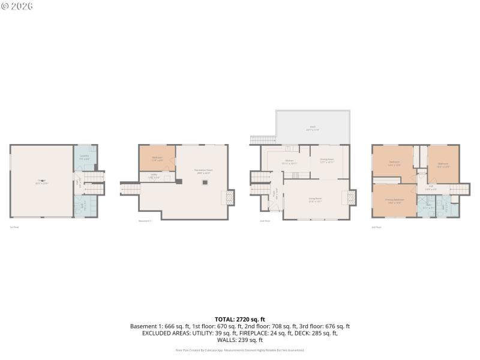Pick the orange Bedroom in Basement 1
(x=157, y=158)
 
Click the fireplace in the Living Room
(x=352, y=198)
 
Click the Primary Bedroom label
(x=395, y=200)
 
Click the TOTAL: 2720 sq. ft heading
(x=240, y=319)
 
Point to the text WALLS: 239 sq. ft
(x=240, y=340)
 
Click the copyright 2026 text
(x=17, y=6)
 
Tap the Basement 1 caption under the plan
(x=145, y=221)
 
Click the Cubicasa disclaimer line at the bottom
(x=240, y=350)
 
